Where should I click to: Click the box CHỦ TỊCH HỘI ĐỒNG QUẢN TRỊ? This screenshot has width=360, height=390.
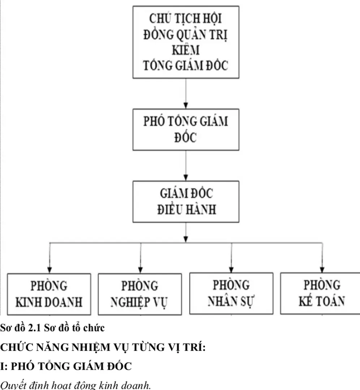(x=186, y=42)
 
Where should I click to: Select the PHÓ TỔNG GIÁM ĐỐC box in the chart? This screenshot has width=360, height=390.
(x=186, y=129)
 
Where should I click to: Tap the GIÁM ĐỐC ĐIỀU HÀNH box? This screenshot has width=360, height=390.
(x=186, y=201)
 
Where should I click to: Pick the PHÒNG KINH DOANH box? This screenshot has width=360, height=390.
(x=50, y=294)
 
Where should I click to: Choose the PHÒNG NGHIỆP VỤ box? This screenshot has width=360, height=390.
(x=140, y=294)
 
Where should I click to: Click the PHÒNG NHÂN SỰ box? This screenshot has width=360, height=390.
(x=231, y=293)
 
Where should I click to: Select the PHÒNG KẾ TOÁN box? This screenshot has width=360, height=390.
(x=322, y=293)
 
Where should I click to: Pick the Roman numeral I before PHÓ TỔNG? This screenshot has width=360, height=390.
(x=2, y=367)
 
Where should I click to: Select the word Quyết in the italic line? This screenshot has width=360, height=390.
(x=11, y=385)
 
